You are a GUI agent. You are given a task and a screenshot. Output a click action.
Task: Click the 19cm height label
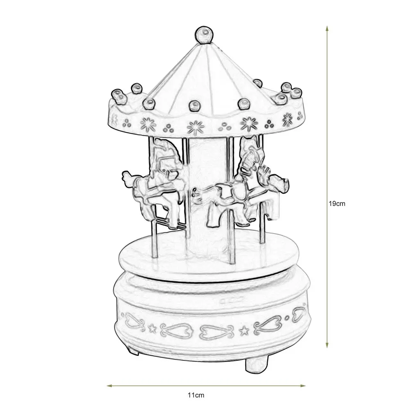(339, 203)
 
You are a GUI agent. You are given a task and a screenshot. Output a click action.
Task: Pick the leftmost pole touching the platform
(155, 238)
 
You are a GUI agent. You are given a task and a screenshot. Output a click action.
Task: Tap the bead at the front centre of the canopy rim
(193, 107)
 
